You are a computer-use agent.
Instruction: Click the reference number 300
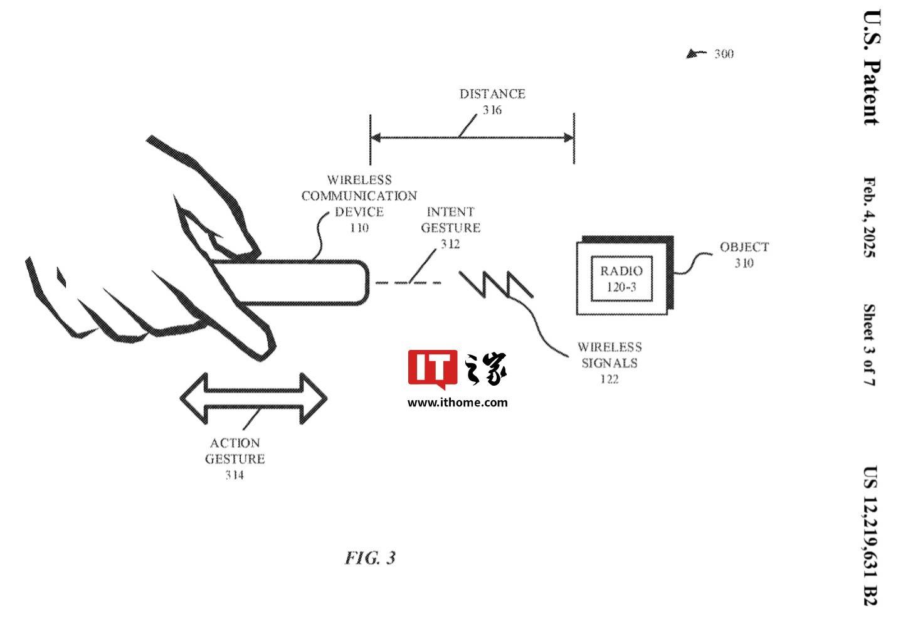724,54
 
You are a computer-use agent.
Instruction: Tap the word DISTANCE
492,94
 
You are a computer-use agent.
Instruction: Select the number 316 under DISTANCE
492,110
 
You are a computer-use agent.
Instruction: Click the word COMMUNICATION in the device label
359,196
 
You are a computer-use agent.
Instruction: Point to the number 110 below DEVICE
359,228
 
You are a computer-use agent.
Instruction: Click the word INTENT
451,212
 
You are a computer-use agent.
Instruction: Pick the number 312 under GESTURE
450,244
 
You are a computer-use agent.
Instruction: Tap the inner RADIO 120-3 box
621,278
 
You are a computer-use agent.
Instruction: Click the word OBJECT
744,247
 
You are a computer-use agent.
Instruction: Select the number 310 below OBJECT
744,263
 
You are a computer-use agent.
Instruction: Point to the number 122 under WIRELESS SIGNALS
610,379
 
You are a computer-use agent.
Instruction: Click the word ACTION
235,443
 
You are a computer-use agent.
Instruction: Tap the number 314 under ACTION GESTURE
235,475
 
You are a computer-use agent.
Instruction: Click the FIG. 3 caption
371,558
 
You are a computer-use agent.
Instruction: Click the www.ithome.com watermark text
458,403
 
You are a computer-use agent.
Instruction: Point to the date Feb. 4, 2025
870,218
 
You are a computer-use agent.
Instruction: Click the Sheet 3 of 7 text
870,345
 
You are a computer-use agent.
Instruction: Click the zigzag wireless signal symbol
496,285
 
